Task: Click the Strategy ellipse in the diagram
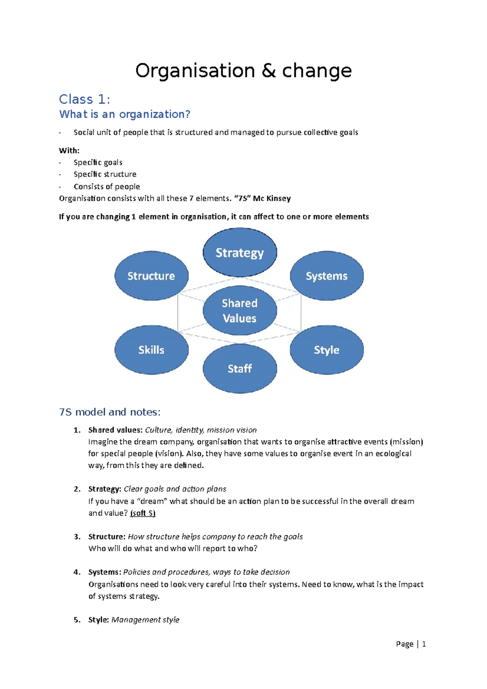click(x=240, y=252)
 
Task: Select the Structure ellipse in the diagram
click(x=151, y=276)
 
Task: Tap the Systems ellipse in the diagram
click(x=327, y=276)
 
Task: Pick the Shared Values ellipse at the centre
click(x=240, y=310)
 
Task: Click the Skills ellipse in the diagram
click(x=151, y=350)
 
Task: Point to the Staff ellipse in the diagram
click(x=240, y=368)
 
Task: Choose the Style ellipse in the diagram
click(x=327, y=350)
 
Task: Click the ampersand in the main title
click(x=268, y=71)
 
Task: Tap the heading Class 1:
click(x=84, y=99)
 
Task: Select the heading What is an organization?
click(x=125, y=114)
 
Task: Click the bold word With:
click(x=69, y=151)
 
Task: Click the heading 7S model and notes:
click(x=110, y=412)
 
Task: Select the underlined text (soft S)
click(x=142, y=513)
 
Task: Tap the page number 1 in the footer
click(x=424, y=644)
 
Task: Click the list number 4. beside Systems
click(x=77, y=572)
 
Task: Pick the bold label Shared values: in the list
click(x=115, y=430)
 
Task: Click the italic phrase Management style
click(x=145, y=620)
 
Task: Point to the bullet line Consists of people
click(x=107, y=187)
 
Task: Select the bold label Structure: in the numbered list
click(x=107, y=536)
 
